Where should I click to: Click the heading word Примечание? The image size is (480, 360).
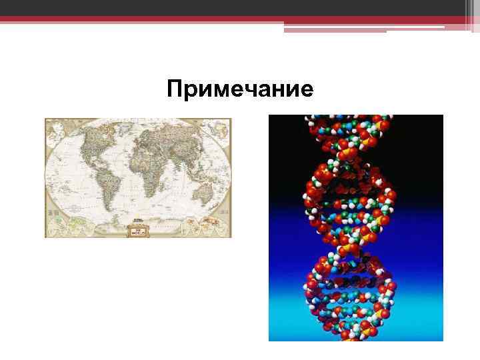tap(240, 89)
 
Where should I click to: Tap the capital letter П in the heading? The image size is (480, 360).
tap(175, 89)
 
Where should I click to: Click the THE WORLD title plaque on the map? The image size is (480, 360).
tap(138, 230)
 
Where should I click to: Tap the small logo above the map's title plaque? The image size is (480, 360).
tap(138, 219)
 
